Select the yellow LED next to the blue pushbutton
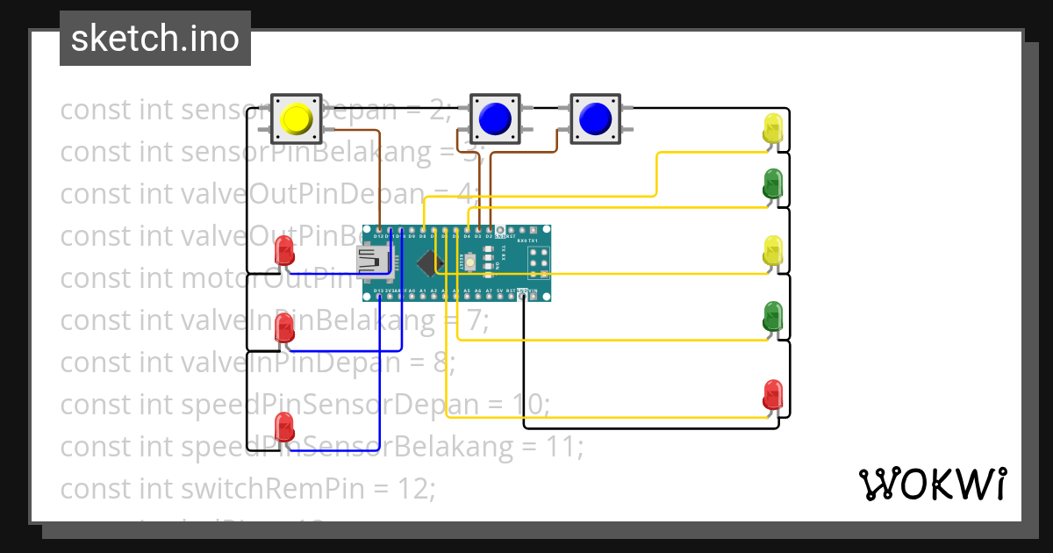[x=772, y=129]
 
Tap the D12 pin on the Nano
[x=379, y=230]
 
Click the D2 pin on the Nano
[x=489, y=230]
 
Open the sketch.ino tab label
[x=155, y=39]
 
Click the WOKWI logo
[x=932, y=484]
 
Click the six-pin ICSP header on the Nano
[x=537, y=261]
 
